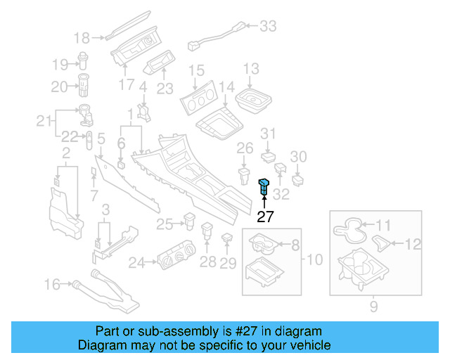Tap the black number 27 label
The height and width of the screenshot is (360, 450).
coord(266,217)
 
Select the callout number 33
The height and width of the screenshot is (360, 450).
coord(268,27)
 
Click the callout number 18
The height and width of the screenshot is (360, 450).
coord(82,38)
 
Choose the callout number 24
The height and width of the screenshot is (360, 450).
coord(137,263)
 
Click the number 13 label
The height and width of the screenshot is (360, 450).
coord(251,69)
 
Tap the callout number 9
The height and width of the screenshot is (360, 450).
coord(373,306)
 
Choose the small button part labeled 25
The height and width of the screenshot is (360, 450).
coord(189,220)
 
